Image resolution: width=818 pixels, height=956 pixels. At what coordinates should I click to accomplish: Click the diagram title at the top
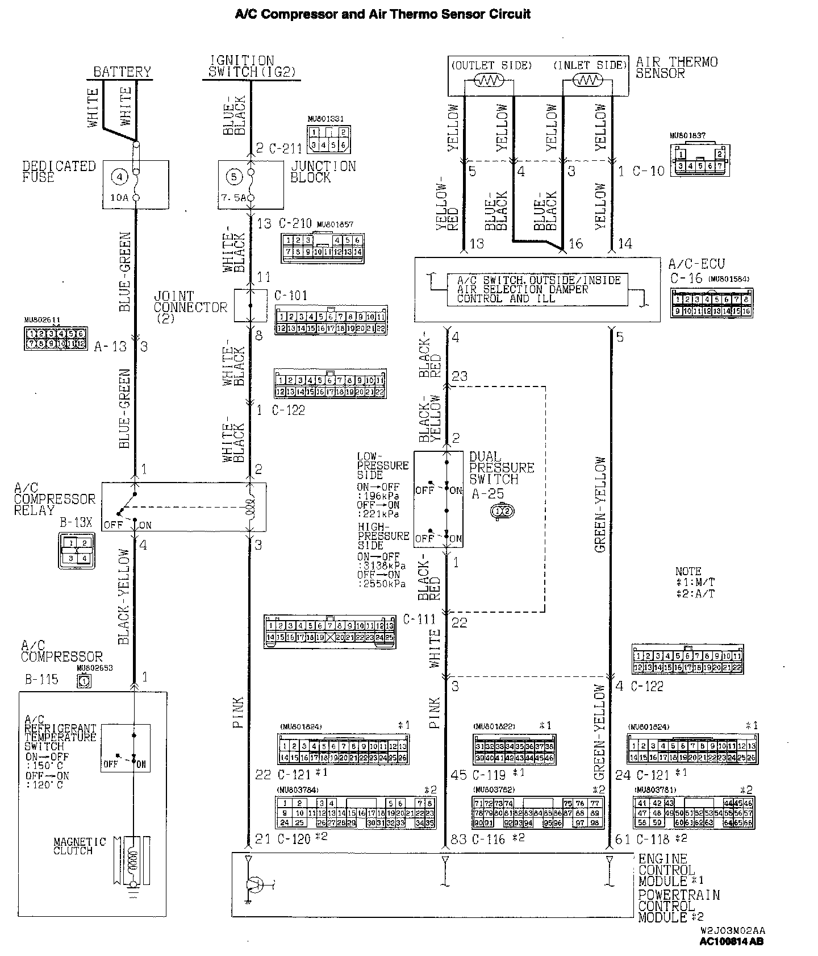pyautogui.click(x=383, y=14)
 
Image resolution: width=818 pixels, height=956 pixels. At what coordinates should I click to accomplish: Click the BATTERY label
pyautogui.click(x=122, y=72)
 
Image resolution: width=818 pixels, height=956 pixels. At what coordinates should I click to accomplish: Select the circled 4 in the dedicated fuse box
pyautogui.click(x=119, y=177)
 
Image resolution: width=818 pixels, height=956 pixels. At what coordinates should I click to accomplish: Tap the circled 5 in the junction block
pyautogui.click(x=233, y=177)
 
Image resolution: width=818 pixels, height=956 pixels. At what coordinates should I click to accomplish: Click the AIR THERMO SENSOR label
pyautogui.click(x=676, y=67)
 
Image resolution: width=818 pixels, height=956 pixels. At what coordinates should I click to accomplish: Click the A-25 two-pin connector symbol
pyautogui.click(x=502, y=512)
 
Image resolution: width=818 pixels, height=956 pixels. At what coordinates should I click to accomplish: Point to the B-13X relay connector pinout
pyautogui.click(x=77, y=550)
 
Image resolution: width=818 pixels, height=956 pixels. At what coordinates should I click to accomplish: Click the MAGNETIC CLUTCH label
pyautogui.click(x=80, y=846)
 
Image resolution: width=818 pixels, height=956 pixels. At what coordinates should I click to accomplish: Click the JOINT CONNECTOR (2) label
pyautogui.click(x=190, y=307)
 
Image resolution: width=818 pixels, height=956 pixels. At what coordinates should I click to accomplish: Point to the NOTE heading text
pyautogui.click(x=688, y=571)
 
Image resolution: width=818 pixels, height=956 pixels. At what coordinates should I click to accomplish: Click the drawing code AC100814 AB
pyautogui.click(x=731, y=941)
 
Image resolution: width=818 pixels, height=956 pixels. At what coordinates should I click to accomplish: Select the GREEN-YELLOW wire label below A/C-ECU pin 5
pyautogui.click(x=600, y=504)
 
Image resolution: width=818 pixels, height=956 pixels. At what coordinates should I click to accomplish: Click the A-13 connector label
pyautogui.click(x=110, y=346)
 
